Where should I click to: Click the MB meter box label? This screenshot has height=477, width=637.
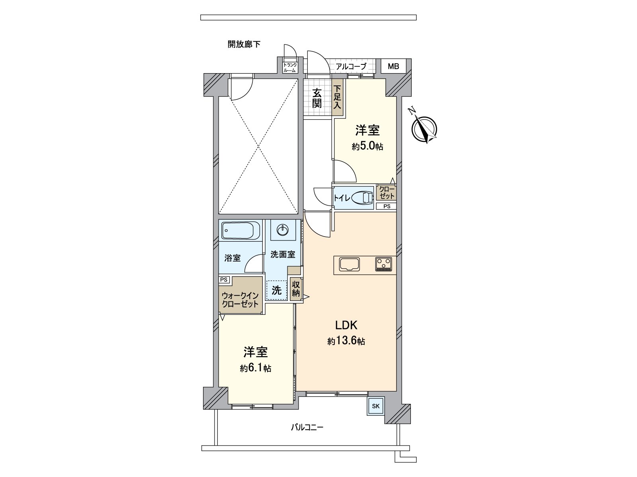393,66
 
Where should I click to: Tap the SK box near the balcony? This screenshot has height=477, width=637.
376,406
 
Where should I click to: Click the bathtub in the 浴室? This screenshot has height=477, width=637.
240,230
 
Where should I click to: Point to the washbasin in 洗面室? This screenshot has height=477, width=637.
283,229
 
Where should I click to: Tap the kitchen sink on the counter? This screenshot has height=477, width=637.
349,264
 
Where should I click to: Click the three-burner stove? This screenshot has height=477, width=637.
383,264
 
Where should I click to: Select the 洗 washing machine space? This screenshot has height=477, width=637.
276,290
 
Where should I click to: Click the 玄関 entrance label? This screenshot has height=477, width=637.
317,98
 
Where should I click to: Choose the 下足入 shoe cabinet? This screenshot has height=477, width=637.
338,97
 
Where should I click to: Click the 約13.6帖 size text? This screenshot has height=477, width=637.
346,341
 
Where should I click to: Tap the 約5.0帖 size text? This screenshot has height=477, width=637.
367,146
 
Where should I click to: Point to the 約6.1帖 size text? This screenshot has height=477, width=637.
256,368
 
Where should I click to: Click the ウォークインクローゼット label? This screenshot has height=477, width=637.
240,300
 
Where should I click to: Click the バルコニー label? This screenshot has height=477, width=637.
307,428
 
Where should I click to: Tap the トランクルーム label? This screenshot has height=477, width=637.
289,67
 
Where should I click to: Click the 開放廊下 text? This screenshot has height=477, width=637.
244,44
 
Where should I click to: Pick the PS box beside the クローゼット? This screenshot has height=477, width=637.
387,206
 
